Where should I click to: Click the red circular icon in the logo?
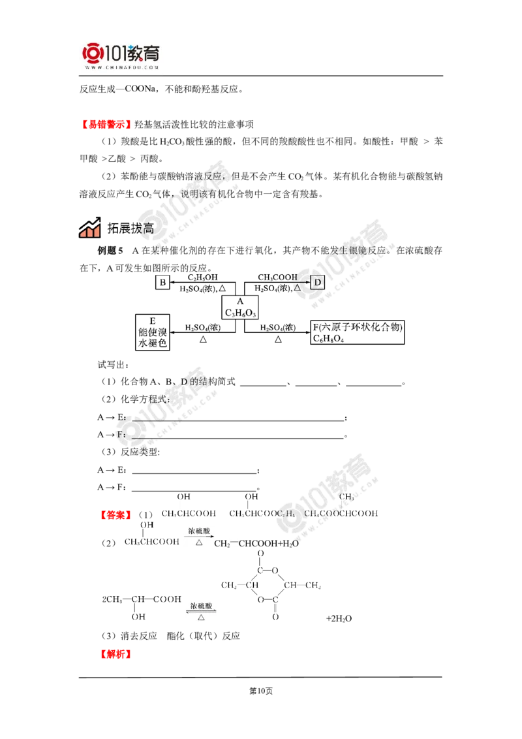click(x=91, y=53)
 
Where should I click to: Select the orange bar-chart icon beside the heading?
click(x=89, y=228)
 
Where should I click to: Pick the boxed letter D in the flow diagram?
click(x=317, y=283)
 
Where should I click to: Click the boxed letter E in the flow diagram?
click(x=162, y=282)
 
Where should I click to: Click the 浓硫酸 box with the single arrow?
click(x=200, y=537)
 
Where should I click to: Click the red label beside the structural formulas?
click(x=115, y=514)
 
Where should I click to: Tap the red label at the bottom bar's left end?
click(x=115, y=654)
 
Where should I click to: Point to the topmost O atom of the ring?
click(x=262, y=554)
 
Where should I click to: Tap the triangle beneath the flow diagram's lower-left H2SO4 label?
click(x=203, y=339)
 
